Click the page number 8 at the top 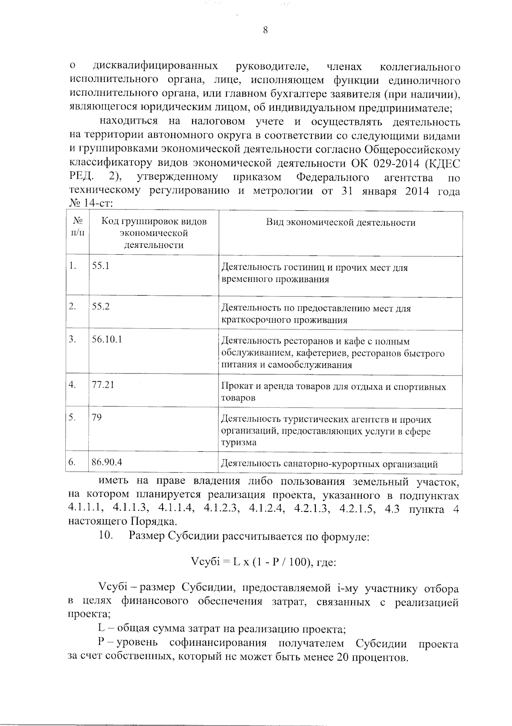265,29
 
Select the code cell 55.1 101,266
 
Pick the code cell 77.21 103,385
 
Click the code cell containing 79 97,417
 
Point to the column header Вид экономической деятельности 340,223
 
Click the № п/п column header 77,227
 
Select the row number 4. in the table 73,385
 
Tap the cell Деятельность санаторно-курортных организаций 329,464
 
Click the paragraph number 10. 105,535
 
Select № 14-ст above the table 90,203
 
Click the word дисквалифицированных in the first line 155,67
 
